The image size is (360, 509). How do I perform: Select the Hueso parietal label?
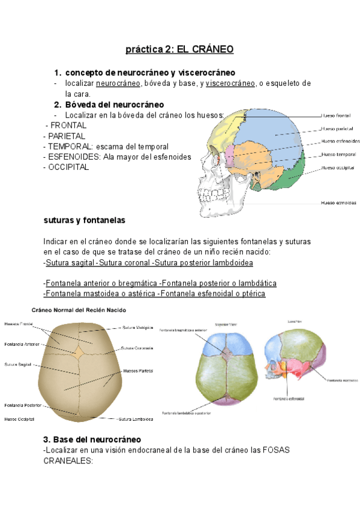click(337, 128)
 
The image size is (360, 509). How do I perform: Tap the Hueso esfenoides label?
click(340, 142)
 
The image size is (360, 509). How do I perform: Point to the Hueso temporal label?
click(338, 154)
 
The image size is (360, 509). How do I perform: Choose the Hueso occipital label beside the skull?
click(338, 167)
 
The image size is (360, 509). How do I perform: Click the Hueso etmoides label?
click(338, 203)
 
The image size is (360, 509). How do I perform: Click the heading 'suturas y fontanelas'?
click(85, 220)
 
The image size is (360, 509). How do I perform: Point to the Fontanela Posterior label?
click(22, 405)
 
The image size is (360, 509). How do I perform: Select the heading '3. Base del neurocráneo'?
click(92, 439)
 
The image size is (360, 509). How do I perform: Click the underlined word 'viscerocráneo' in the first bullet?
click(230, 83)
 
